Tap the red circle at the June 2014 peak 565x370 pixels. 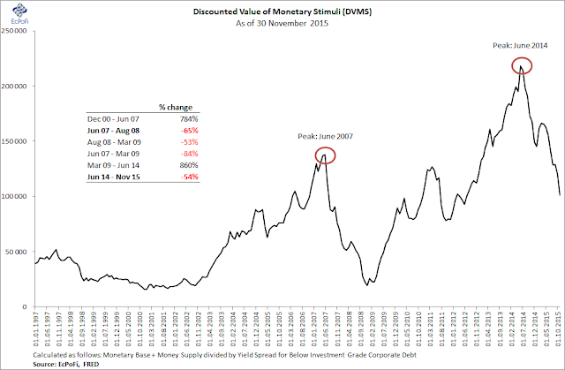(x=521, y=65)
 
